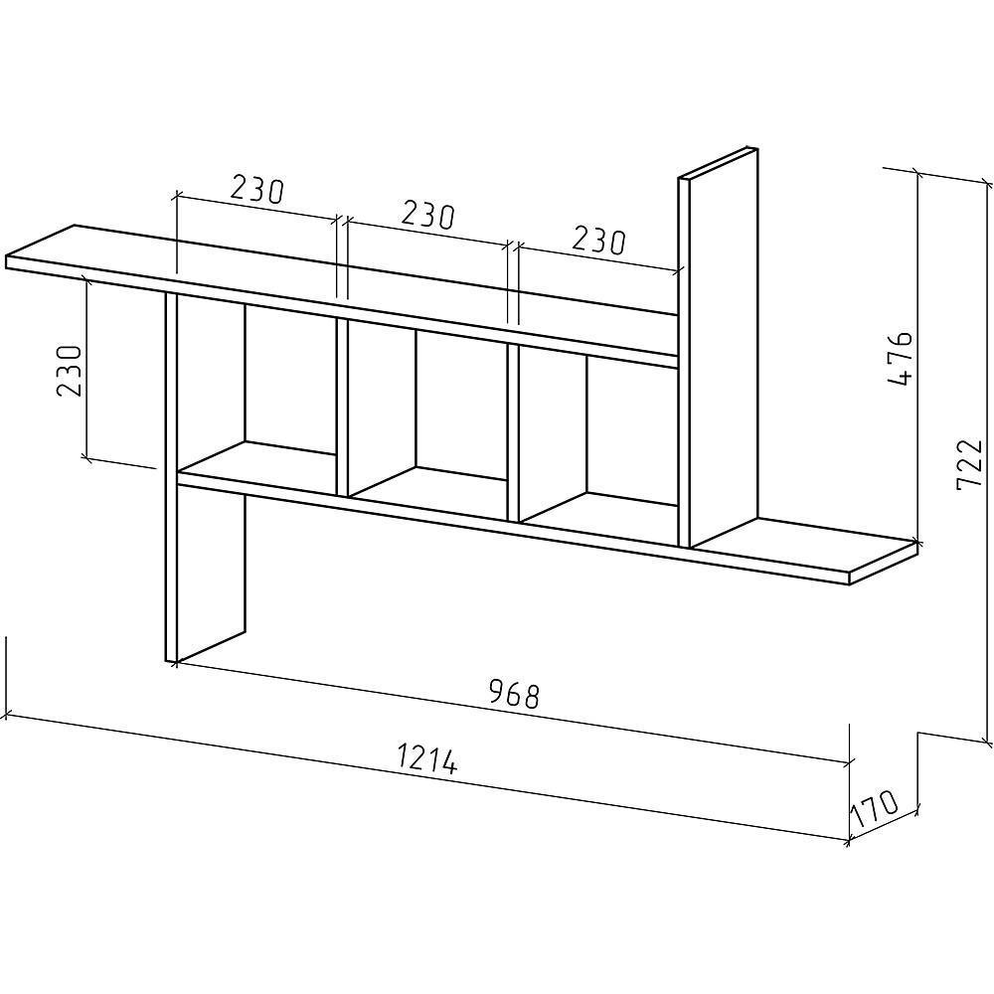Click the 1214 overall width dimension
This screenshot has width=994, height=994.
point(427,759)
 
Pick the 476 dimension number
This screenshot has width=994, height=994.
point(900,359)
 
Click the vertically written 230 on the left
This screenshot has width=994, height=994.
point(69,371)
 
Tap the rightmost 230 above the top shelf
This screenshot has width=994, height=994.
point(598,240)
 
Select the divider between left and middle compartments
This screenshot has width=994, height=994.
point(342,408)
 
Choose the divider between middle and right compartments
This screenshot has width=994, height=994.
point(514,432)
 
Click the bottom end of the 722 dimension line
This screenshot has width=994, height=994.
point(989,742)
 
